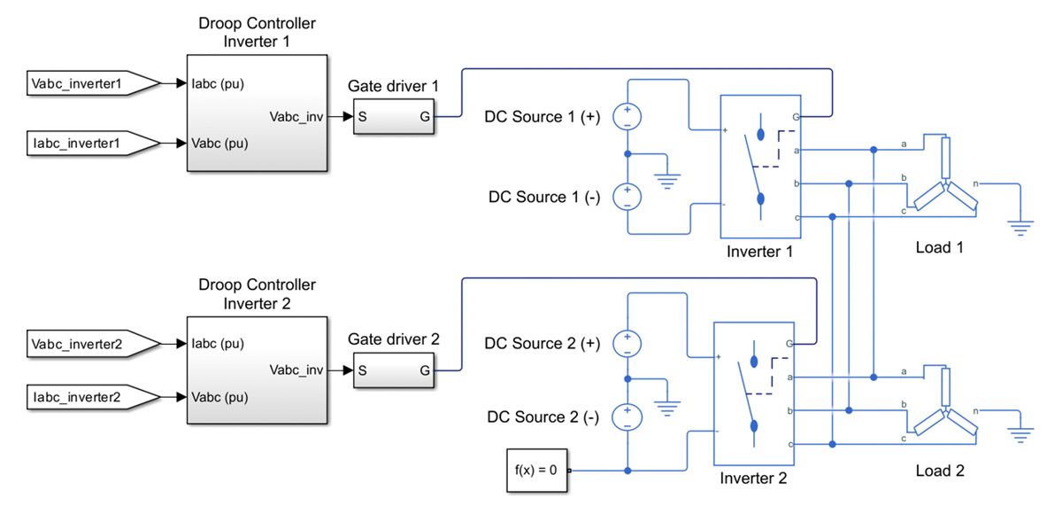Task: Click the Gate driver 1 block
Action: coord(395,117)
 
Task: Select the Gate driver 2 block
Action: coord(395,371)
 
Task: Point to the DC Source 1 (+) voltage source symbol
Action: coord(627,117)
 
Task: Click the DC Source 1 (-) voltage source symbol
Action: coord(627,196)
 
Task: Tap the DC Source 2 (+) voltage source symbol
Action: coord(627,342)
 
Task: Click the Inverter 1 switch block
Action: coord(760,167)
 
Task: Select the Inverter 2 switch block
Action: coord(754,393)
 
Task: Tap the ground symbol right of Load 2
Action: coord(1021,434)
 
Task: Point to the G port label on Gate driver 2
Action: coord(425,371)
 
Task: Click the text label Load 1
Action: coord(939,247)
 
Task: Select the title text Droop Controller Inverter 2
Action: coord(257,293)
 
